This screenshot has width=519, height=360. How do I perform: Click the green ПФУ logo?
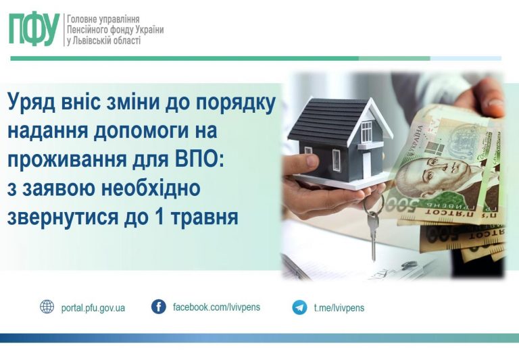34,30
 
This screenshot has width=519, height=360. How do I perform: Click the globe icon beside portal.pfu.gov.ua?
47,307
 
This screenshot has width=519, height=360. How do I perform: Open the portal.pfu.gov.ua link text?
93,308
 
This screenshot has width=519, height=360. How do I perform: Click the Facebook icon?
158,307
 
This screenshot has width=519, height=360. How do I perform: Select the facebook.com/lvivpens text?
216,307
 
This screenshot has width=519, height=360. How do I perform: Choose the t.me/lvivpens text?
339,308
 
